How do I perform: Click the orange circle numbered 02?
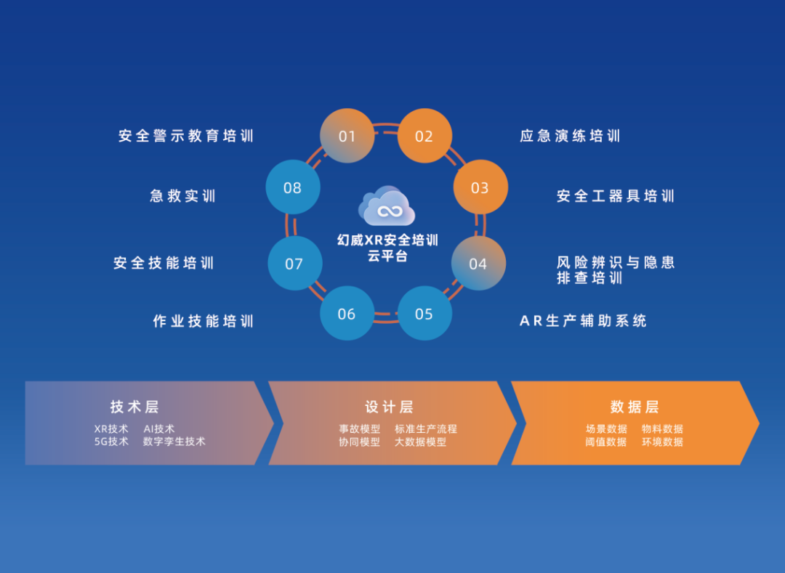(x=424, y=136)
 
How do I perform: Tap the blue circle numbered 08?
(x=293, y=187)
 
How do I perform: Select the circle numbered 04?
(x=478, y=264)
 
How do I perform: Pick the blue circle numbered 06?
(x=347, y=314)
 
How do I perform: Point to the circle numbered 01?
(x=347, y=136)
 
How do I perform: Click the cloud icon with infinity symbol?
(x=387, y=206)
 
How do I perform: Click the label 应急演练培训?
(x=570, y=136)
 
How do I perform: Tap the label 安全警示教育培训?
(x=186, y=136)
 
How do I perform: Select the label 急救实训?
(x=183, y=196)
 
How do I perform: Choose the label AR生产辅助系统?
(x=584, y=321)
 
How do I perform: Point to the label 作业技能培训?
(x=204, y=321)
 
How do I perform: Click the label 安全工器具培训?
(x=616, y=196)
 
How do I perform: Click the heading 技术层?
(x=134, y=407)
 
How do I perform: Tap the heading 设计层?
(x=389, y=407)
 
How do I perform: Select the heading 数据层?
(x=635, y=407)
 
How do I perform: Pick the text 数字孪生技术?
(x=174, y=442)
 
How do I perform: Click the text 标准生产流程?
(x=426, y=429)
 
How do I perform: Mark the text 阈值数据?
(x=606, y=442)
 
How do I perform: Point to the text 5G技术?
(x=111, y=442)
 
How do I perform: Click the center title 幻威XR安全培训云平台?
(x=387, y=248)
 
